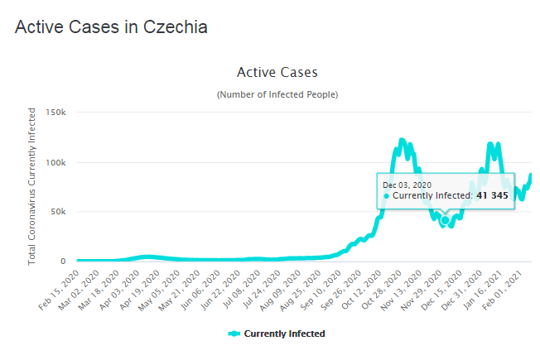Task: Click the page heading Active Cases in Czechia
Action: (x=111, y=26)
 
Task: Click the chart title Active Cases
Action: (x=277, y=73)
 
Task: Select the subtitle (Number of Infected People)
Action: (x=277, y=94)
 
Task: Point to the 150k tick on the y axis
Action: (x=55, y=113)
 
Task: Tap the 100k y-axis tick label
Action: (x=55, y=162)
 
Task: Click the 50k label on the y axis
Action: (x=58, y=212)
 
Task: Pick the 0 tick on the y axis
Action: (x=63, y=262)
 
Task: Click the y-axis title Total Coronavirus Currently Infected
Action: (x=32, y=186)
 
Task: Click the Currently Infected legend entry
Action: (x=277, y=334)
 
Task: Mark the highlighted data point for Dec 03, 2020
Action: (x=446, y=220)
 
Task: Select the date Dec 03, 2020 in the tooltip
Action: (x=407, y=185)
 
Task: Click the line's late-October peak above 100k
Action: (x=402, y=141)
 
